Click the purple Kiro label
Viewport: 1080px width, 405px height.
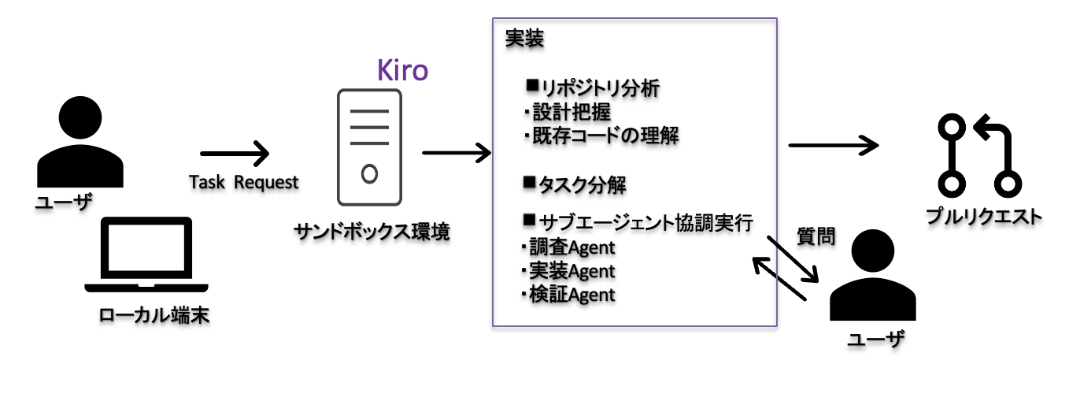point(402,70)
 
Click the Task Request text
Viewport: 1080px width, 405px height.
point(244,183)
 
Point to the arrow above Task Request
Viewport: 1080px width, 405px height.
point(235,154)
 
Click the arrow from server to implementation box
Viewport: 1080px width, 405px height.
point(457,152)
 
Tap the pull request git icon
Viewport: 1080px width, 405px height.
point(978,155)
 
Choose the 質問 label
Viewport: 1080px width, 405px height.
point(816,236)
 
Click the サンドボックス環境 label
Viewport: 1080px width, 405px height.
point(372,232)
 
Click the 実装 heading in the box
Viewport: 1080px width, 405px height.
point(524,39)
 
